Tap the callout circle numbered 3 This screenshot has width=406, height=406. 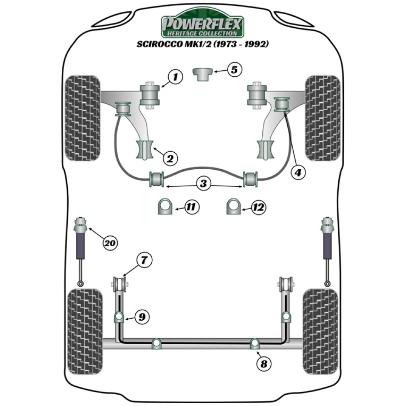tap(203, 184)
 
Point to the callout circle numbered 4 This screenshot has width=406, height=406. tap(298, 172)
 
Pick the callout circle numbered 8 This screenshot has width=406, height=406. tap(264, 364)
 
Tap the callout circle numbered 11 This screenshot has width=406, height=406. tap(190, 207)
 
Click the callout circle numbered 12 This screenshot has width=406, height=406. tap(258, 207)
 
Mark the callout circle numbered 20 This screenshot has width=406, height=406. tap(109, 243)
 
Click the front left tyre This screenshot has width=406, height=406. tap(82, 118)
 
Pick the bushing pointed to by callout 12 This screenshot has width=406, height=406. tap(233, 207)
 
